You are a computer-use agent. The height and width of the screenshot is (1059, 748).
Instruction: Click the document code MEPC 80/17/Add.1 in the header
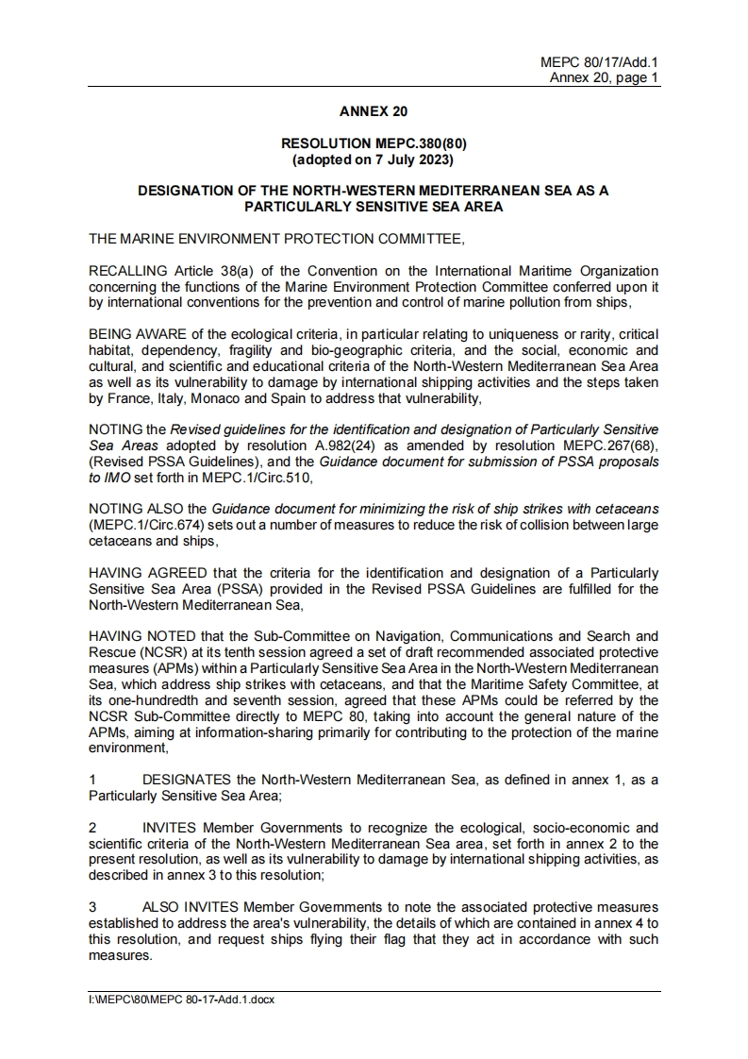point(600,62)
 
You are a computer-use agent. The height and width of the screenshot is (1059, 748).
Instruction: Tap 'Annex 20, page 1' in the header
point(605,77)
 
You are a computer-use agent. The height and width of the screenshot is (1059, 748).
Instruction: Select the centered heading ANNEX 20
point(374,110)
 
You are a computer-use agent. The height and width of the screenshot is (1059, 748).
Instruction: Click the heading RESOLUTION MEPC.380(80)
point(374,143)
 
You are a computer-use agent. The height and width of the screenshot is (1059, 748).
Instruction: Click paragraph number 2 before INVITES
point(92,827)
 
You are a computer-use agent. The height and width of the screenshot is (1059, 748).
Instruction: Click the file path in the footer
point(181,1000)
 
